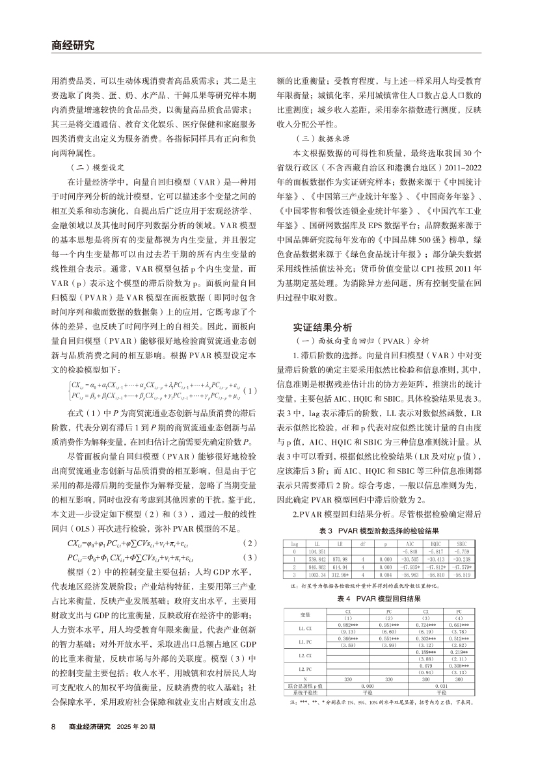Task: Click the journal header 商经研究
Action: [72, 46]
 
